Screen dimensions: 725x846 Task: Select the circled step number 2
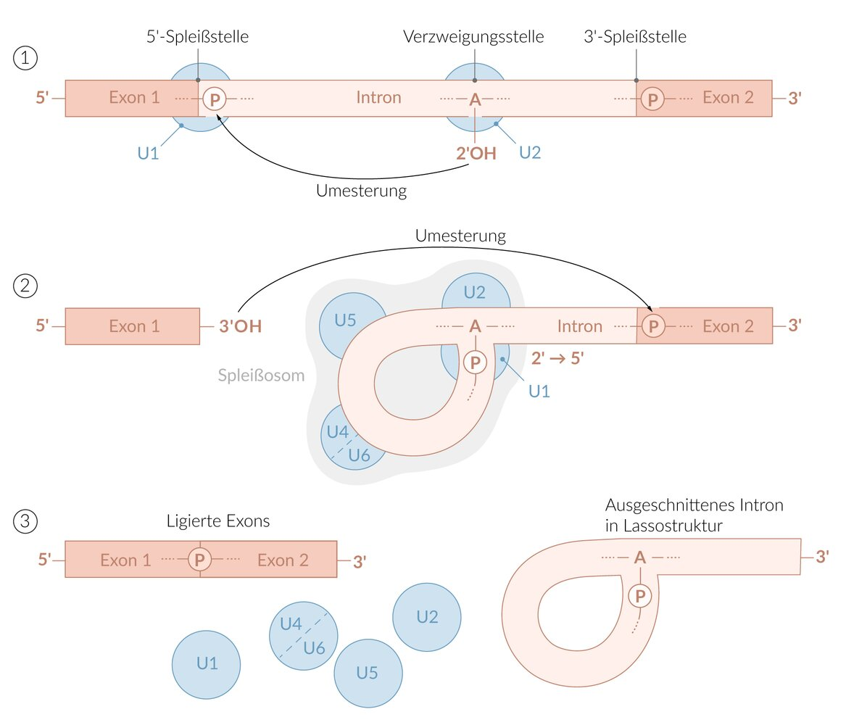(x=25, y=286)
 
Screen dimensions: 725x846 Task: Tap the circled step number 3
(x=25, y=521)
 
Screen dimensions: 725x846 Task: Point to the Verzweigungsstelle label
(x=473, y=37)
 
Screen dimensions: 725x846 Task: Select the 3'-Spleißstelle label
(x=634, y=37)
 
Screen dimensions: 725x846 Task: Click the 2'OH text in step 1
(x=475, y=153)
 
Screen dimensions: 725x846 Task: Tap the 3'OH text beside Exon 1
(x=240, y=326)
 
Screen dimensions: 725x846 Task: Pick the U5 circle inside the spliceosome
(x=347, y=320)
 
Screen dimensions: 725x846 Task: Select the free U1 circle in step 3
(x=206, y=663)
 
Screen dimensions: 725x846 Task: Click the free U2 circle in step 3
(x=427, y=617)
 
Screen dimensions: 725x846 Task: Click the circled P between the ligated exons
(x=200, y=559)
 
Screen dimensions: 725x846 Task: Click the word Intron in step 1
(x=378, y=97)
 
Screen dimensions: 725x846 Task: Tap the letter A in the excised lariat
(x=640, y=557)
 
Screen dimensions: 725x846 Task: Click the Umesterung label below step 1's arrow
(x=361, y=191)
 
